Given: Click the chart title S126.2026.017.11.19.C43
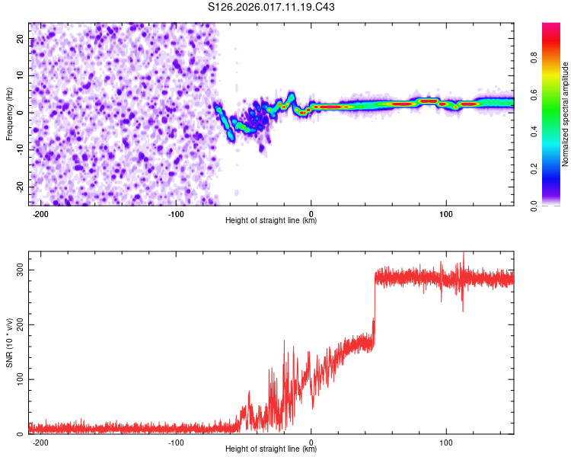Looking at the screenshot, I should click(271, 8).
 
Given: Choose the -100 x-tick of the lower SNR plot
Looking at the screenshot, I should click(177, 442).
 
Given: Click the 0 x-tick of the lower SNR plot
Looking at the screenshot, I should click(311, 442).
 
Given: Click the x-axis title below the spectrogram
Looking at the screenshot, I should click(271, 221).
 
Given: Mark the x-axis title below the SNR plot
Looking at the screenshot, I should click(271, 449).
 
